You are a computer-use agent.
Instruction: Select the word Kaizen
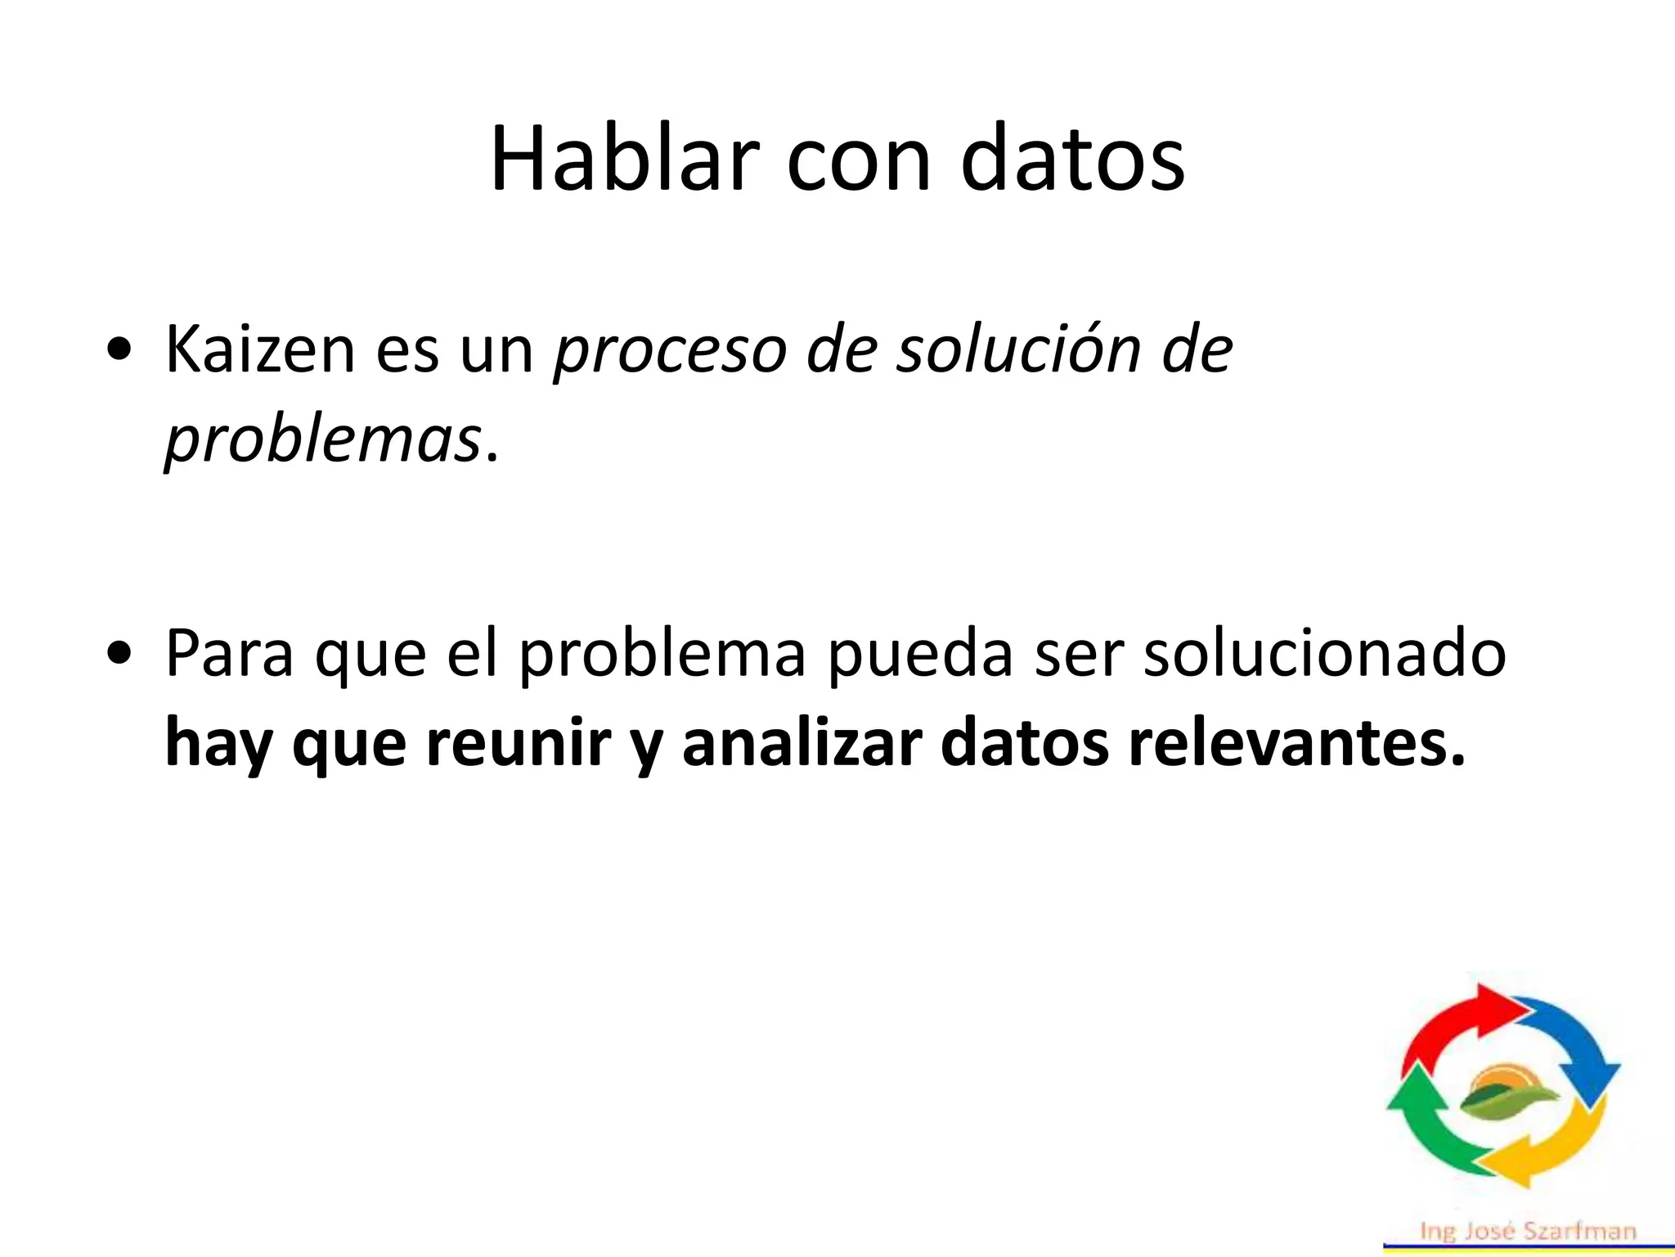click(x=260, y=349)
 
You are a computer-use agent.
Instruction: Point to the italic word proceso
click(x=670, y=352)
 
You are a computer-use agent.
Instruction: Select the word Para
click(x=229, y=654)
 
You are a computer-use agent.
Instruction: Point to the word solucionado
click(x=1324, y=654)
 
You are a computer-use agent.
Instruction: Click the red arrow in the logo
click(x=1456, y=1023)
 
